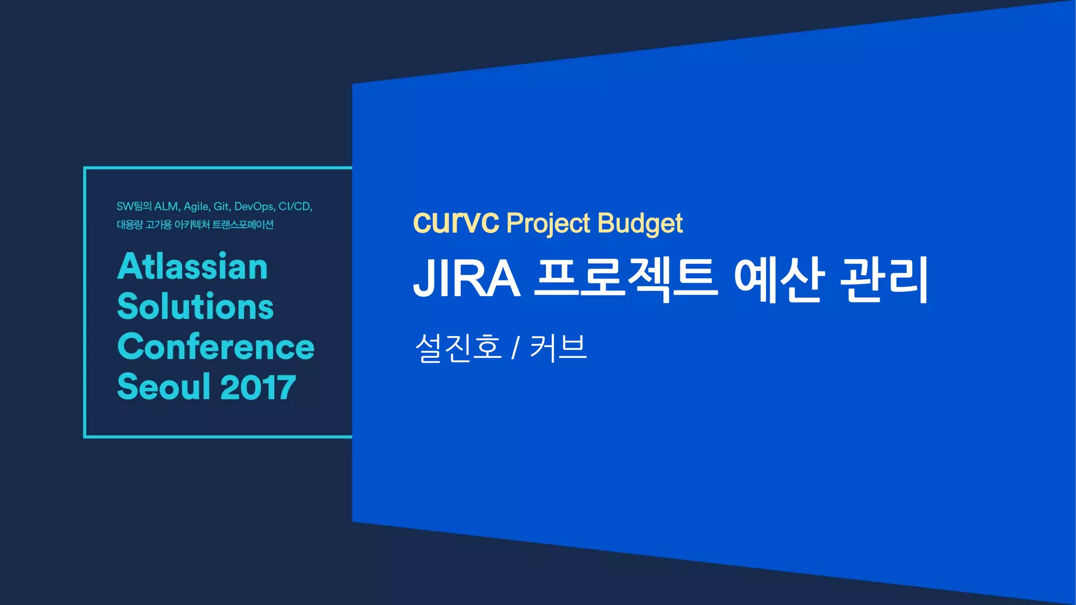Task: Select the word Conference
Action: click(x=216, y=347)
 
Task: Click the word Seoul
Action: click(x=163, y=387)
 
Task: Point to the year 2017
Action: click(x=258, y=388)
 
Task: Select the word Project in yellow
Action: click(x=548, y=224)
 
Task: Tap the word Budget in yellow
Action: click(x=640, y=224)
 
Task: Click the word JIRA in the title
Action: click(x=467, y=278)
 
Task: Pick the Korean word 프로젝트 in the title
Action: click(x=626, y=278)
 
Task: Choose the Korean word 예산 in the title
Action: click(x=778, y=278)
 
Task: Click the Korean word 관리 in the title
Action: click(x=884, y=278)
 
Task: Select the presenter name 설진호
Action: click(x=459, y=347)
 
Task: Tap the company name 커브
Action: click(x=558, y=347)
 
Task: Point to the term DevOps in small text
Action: click(x=254, y=206)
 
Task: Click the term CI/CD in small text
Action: click(x=295, y=206)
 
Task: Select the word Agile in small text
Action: click(x=196, y=206)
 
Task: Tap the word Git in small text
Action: click(x=221, y=206)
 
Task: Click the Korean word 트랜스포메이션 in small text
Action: click(x=242, y=225)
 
